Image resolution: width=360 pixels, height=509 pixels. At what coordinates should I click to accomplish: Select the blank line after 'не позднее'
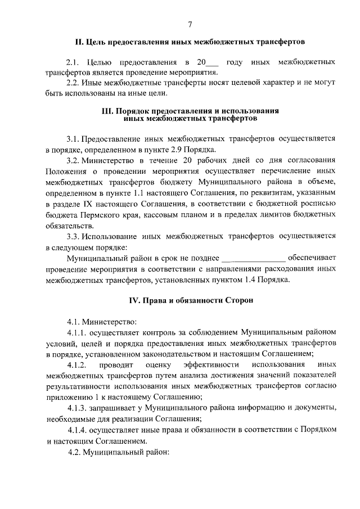pos(254,259)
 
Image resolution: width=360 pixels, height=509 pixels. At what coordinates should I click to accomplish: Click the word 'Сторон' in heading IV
pos(240,300)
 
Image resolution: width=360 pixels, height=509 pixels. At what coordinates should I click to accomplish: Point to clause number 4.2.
pos(73,451)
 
